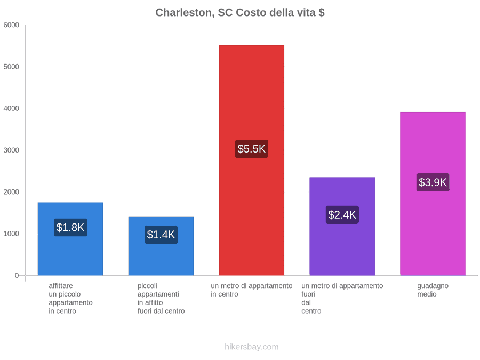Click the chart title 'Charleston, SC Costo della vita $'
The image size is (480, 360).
[239, 13]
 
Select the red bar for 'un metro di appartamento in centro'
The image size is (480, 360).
[251, 160]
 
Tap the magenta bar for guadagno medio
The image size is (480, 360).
[433, 194]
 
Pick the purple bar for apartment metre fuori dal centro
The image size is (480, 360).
[342, 226]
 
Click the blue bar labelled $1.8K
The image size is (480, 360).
[70, 239]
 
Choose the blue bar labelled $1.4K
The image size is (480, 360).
[161, 246]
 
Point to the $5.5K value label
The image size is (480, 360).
[251, 149]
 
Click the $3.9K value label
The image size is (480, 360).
[433, 182]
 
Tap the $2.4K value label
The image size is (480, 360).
[342, 215]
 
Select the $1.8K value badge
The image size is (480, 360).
[70, 227]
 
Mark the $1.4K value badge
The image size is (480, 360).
[161, 235]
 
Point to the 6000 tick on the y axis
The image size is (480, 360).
[11, 25]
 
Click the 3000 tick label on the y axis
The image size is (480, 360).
[11, 150]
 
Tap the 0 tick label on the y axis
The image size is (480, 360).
[17, 276]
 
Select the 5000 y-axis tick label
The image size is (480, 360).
[11, 67]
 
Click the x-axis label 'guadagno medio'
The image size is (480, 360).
[433, 290]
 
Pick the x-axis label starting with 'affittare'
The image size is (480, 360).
[70, 299]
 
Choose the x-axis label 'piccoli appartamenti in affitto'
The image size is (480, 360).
[161, 299]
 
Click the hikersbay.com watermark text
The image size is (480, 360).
[251, 347]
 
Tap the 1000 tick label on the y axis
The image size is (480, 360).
[11, 234]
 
